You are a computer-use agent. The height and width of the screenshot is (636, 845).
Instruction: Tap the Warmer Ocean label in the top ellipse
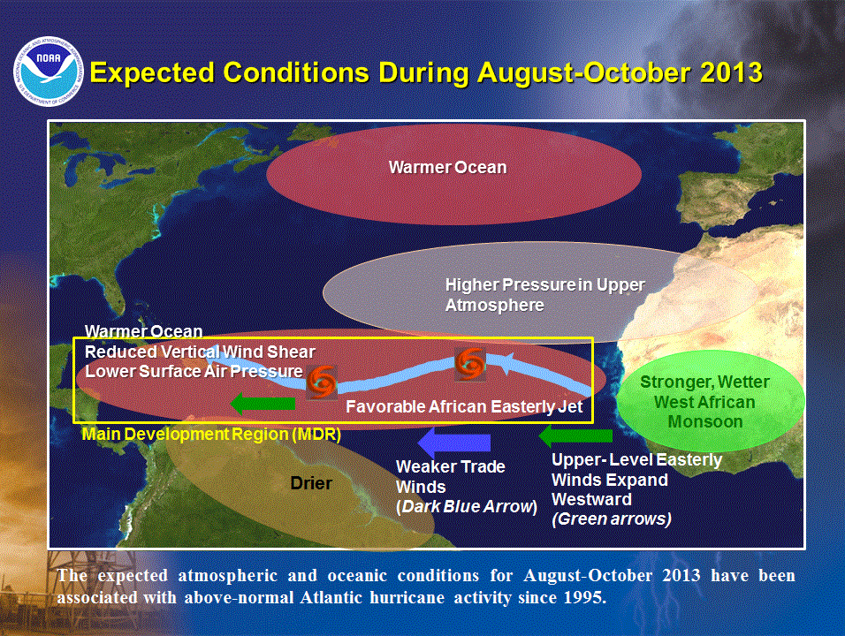coord(448,167)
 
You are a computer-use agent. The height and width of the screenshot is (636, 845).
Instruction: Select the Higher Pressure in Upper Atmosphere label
coord(544,295)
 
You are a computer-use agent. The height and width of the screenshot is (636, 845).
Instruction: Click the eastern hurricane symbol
coord(468,362)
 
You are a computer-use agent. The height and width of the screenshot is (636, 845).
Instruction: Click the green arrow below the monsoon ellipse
coord(575,435)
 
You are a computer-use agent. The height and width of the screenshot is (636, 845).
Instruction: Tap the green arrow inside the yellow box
coord(263,404)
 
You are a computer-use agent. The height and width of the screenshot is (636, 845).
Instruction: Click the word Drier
coord(311,483)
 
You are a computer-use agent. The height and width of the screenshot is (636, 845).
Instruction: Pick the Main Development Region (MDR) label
coord(211,435)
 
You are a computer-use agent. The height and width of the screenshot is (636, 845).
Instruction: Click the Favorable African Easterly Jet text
coord(465,407)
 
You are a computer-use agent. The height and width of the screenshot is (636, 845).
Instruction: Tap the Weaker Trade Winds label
coord(451,476)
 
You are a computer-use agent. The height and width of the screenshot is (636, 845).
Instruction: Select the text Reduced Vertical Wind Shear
coord(200,352)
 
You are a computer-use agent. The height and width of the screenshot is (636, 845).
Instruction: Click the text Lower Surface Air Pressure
coord(194,371)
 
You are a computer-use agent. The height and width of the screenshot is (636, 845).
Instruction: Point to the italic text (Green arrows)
coord(611,519)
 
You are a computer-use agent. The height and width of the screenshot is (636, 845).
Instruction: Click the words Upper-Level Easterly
coord(636,460)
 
